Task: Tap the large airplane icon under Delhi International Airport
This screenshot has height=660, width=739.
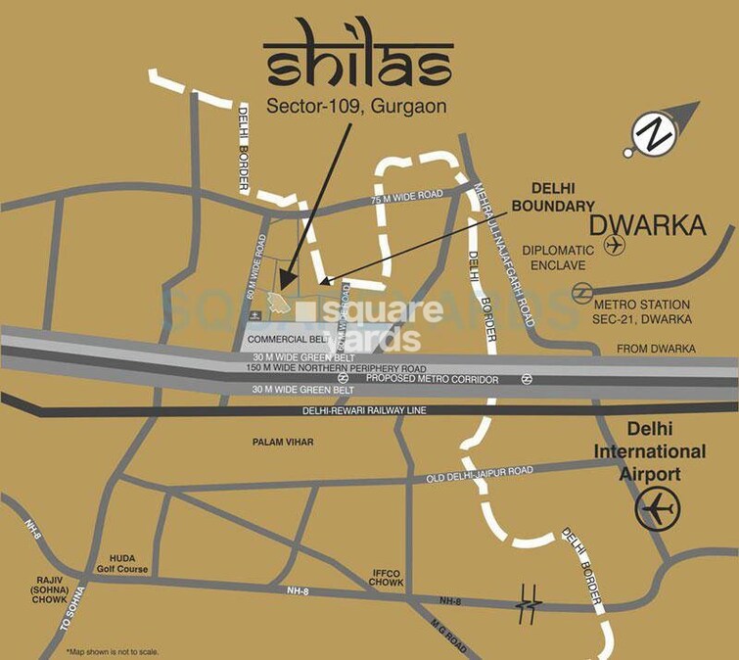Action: (x=656, y=508)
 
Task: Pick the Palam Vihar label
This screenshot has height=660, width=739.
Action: (x=283, y=443)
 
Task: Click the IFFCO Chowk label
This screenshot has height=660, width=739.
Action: (x=388, y=578)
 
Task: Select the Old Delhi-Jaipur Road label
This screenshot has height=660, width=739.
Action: (x=480, y=474)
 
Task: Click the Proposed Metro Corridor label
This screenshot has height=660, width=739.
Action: (x=432, y=379)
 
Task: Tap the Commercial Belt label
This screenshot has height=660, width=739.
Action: (x=286, y=339)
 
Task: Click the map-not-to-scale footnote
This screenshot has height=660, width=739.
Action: (x=113, y=651)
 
